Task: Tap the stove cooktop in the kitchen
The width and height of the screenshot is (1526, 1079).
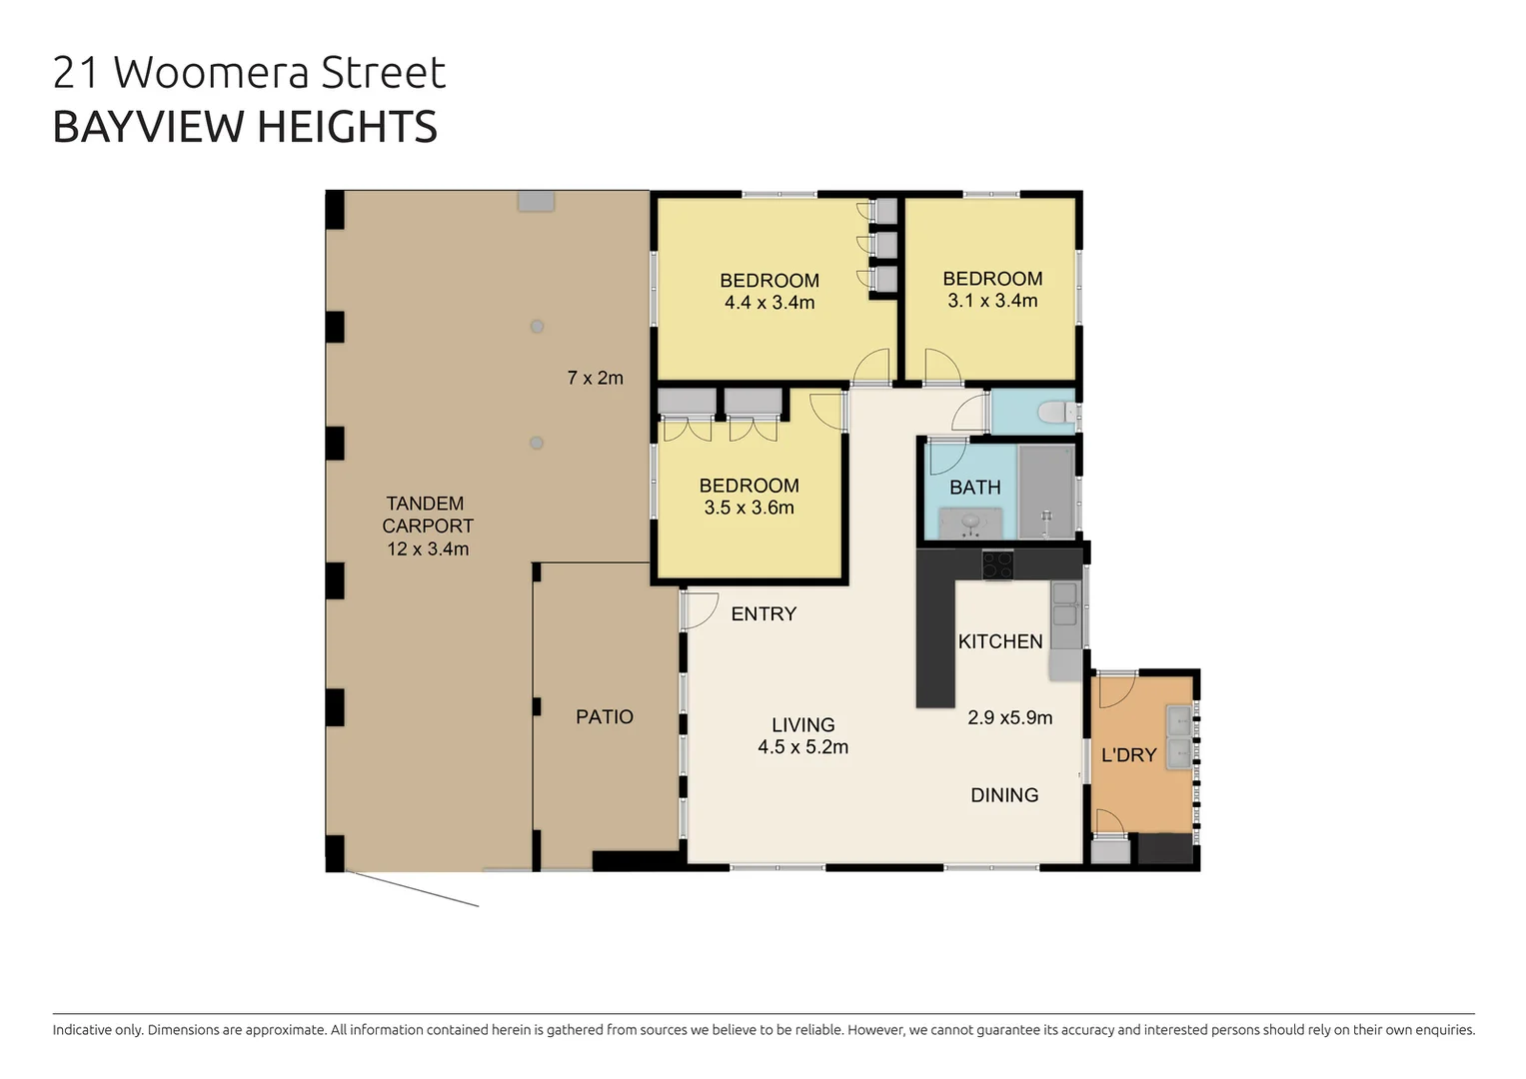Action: pos(996,564)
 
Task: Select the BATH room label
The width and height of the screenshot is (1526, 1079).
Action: pos(974,488)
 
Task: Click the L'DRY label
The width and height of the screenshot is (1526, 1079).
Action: pos(1128,755)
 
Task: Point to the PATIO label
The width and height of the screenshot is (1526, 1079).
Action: pos(604,716)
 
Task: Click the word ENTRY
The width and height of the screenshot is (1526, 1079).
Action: pos(763,614)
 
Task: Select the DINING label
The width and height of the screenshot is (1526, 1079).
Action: pos(1004,795)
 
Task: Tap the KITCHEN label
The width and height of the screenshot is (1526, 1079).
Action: pos(999,641)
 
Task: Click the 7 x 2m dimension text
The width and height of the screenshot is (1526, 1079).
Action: pos(595,378)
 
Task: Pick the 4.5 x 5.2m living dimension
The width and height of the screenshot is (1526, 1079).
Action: pos(802,747)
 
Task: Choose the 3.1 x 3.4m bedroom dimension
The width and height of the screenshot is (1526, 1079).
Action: pos(992,301)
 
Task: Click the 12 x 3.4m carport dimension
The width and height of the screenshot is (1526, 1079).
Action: pos(428,548)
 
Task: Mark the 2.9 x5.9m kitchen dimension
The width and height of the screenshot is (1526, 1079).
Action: pos(1009,717)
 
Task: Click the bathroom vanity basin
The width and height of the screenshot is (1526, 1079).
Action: pos(969,522)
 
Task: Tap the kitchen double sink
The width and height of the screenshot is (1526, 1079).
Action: pos(1064,604)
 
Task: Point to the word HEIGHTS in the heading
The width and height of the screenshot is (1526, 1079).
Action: pos(347,127)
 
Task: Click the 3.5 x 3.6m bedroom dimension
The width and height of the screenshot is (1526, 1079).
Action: pos(749,508)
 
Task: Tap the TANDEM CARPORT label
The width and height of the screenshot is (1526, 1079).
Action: pos(427,515)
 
